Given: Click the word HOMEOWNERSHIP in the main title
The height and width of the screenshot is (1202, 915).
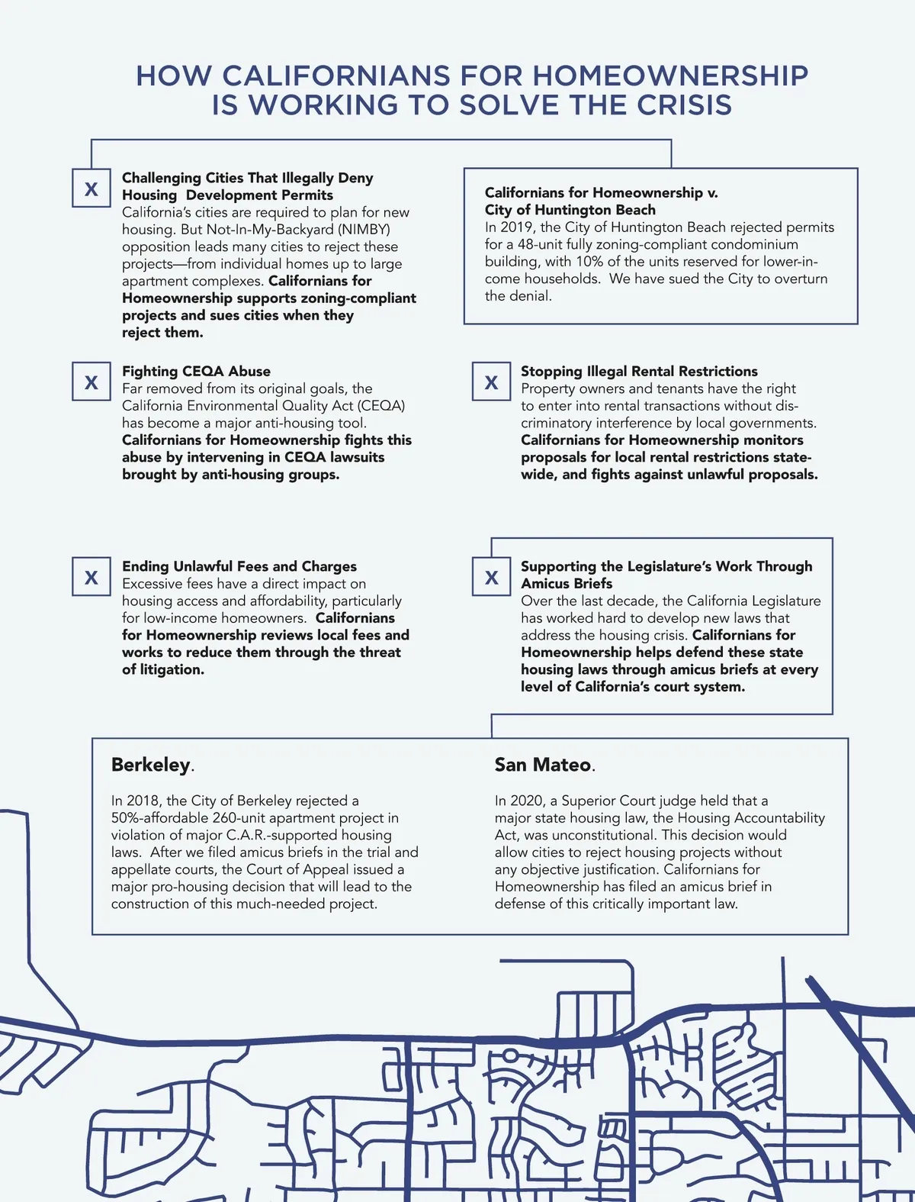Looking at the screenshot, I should [670, 76].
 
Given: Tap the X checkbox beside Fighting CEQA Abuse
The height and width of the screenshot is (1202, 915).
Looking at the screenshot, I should [91, 382].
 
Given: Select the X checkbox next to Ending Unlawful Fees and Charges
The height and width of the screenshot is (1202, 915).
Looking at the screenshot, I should [91, 577].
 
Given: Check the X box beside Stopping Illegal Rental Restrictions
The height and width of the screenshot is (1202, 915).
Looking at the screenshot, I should [491, 382].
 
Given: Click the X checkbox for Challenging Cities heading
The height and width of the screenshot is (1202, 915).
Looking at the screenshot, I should [91, 189].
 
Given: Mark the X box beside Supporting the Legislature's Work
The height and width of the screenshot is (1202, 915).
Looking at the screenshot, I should [491, 577].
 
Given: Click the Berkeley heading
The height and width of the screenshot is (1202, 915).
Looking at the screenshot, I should [151, 765].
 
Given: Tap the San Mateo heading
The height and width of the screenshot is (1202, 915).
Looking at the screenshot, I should [543, 765].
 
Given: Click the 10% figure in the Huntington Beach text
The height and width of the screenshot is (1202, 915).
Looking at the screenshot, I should [589, 261].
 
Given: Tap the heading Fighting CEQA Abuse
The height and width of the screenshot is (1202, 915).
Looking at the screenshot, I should [196, 371].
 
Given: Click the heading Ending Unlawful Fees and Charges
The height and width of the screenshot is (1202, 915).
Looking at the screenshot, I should [239, 566].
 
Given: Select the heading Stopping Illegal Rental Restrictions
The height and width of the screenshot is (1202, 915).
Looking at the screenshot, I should [639, 371].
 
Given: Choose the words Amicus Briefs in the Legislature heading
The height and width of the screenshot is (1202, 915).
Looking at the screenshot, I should [567, 584].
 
